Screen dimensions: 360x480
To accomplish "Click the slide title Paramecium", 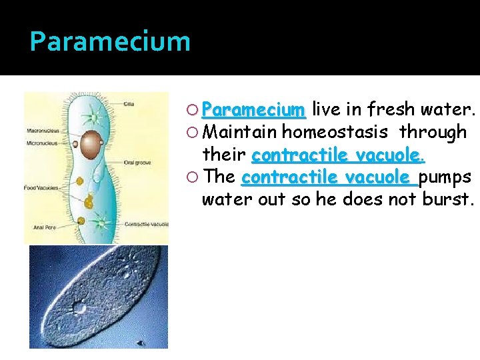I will [x=110, y=41].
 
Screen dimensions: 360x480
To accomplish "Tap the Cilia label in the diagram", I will [x=128, y=104].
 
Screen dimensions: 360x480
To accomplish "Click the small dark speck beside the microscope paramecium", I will [x=141, y=343].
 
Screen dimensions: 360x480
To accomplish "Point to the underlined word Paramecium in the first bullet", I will [x=253, y=109].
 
